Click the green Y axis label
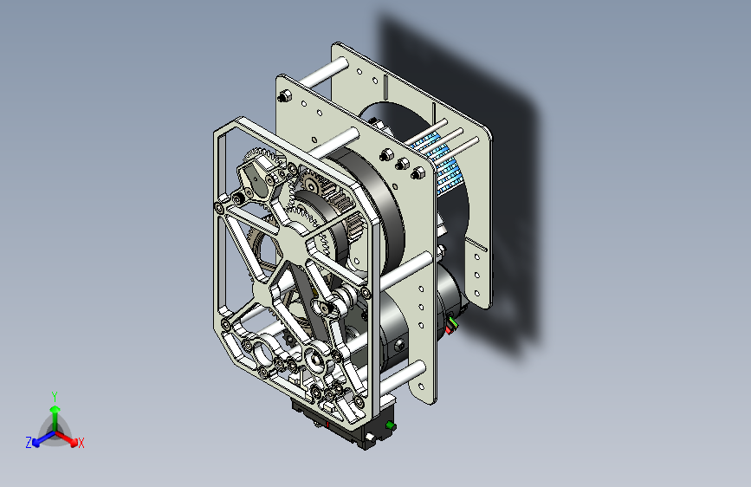pos(55,396)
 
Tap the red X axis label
pos(81,443)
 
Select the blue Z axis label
pos(29,443)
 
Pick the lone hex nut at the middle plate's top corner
pos(284,96)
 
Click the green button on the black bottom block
pos(391,425)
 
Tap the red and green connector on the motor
pos(450,325)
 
